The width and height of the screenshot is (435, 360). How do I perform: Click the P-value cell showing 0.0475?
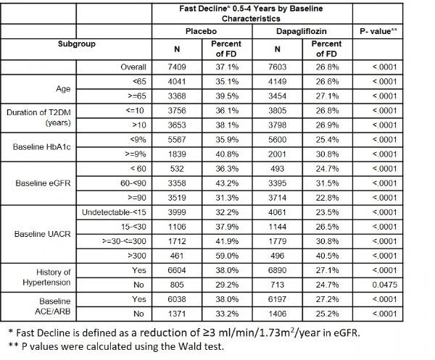(x=384, y=285)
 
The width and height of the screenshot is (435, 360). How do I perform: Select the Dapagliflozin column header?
(x=302, y=31)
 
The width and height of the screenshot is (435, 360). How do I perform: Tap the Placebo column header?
(x=201, y=31)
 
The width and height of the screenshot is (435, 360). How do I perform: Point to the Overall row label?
(x=133, y=67)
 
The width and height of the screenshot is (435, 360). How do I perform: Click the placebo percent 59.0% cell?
(x=227, y=256)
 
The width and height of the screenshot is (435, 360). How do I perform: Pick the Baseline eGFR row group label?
(x=43, y=183)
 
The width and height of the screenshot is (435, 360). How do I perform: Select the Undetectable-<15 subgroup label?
(x=114, y=212)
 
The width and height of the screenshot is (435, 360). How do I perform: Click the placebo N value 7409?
(x=177, y=67)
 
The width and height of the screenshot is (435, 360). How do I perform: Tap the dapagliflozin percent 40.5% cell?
(x=327, y=256)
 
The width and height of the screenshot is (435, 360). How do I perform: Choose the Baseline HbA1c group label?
(x=41, y=147)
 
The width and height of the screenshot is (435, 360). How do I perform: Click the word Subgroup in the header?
(x=77, y=43)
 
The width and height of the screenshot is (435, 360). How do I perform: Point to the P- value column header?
(x=378, y=31)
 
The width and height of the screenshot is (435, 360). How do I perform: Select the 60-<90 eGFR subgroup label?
(x=133, y=183)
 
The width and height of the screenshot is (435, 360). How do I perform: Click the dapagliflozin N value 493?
(x=277, y=169)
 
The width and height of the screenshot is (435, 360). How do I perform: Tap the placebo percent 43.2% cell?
(x=227, y=183)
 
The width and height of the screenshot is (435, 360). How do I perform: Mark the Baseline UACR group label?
(x=43, y=234)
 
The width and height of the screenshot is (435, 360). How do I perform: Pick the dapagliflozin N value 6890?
(x=277, y=270)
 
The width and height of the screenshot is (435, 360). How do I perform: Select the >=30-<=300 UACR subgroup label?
(x=124, y=241)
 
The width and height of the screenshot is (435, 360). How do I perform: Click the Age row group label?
(x=63, y=88)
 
